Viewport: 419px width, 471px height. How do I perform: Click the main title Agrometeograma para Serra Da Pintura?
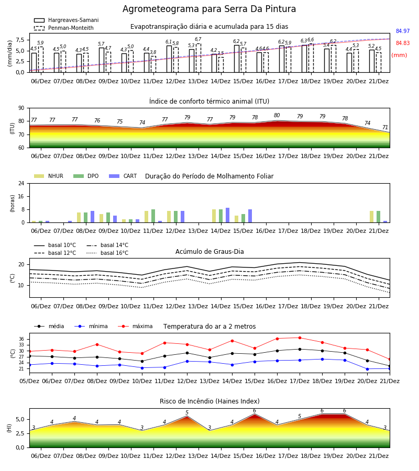point(209,9)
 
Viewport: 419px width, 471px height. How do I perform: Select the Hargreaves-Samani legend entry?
point(67,20)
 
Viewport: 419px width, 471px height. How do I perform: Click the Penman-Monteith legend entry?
point(64,28)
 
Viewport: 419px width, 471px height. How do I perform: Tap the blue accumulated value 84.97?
point(403,31)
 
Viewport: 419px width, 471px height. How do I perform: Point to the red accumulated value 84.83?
point(403,43)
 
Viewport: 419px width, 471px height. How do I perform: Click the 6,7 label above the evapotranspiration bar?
point(198,39)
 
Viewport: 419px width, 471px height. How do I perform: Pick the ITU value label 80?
point(277,115)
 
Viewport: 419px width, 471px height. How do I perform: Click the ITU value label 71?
point(385,127)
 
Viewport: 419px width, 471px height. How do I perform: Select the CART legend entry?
point(123,176)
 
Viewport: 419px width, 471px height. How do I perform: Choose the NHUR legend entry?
point(49,176)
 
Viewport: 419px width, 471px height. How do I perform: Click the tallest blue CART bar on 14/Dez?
point(227,215)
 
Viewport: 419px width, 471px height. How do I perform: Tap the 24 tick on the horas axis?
point(21,184)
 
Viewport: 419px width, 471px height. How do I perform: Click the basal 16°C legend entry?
point(107,253)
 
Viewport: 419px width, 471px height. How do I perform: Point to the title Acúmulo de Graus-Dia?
point(210,252)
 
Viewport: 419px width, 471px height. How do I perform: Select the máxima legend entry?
point(135,326)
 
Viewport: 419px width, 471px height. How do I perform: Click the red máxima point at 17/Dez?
point(300,338)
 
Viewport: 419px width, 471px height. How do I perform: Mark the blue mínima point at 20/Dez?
point(367,369)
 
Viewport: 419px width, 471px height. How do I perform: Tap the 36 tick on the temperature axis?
point(21,339)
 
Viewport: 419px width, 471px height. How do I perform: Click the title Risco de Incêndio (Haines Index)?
point(210,401)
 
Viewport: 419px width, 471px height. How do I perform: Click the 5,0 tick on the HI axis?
point(21,420)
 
